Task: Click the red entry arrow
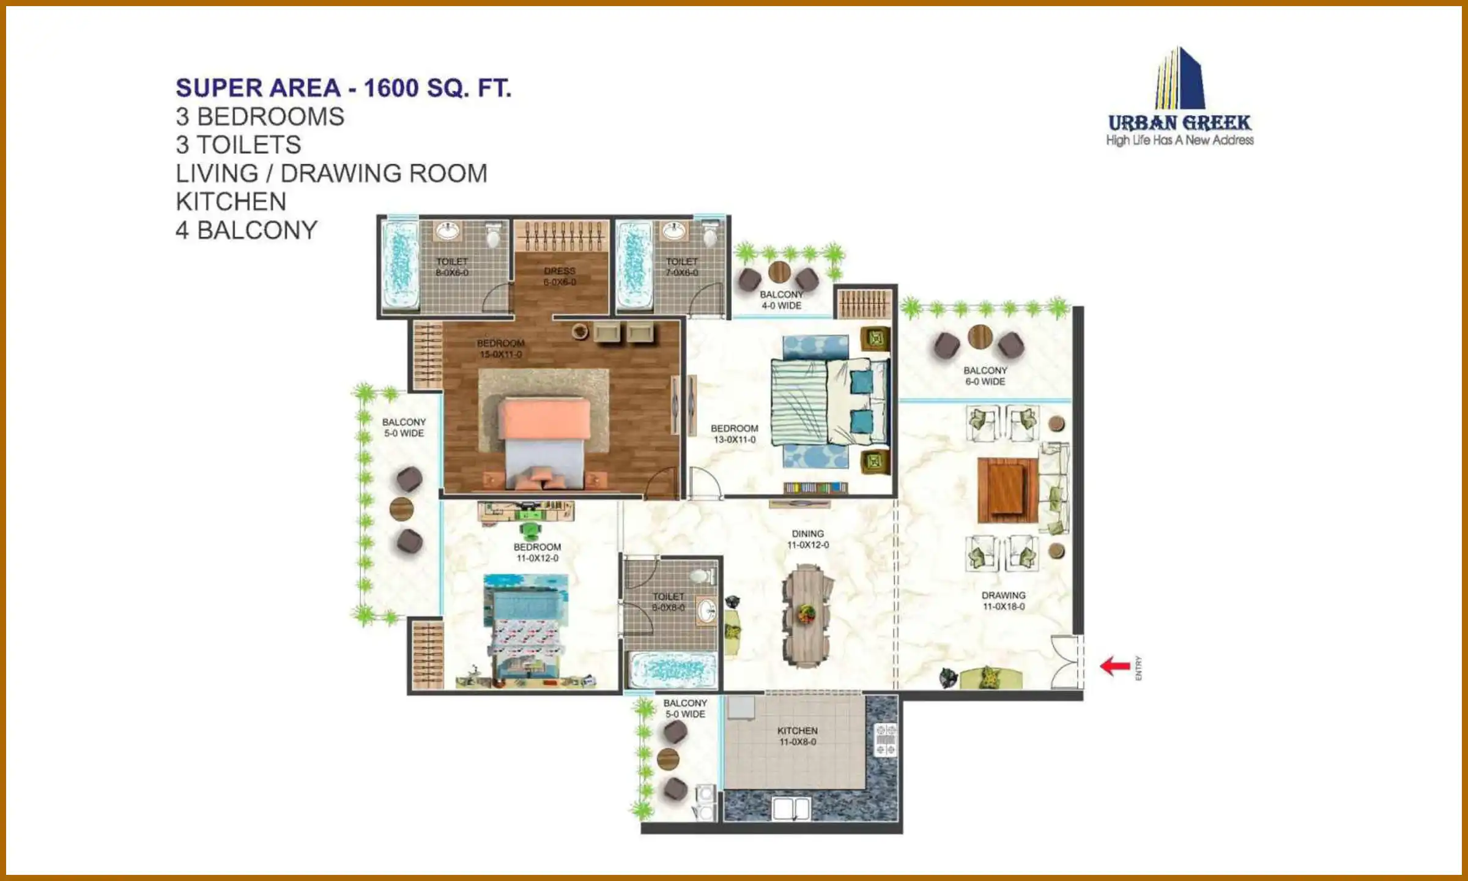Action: click(1115, 666)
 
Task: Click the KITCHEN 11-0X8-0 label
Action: click(797, 736)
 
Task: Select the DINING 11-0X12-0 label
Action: click(807, 539)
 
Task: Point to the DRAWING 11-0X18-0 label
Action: click(1003, 601)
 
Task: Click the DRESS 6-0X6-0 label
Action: click(560, 276)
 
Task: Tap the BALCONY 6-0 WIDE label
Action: click(985, 376)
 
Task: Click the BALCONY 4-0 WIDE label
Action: click(781, 300)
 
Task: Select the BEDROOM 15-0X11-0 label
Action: click(501, 349)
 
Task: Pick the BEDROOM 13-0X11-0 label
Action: click(734, 434)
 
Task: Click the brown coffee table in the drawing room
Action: click(1006, 489)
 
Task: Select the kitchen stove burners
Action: click(885, 740)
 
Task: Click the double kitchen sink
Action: click(791, 809)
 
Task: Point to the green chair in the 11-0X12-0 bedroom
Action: click(530, 530)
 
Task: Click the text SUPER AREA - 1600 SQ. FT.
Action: click(343, 88)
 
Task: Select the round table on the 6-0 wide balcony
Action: click(980, 336)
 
